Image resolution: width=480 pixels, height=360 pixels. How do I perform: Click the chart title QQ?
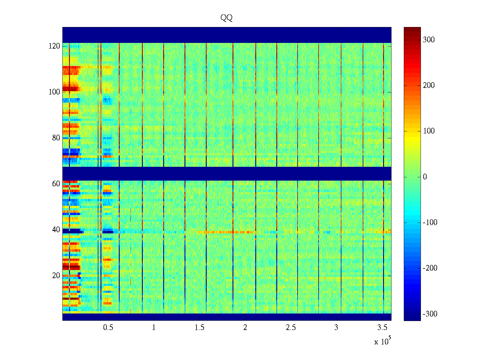pyautogui.click(x=226, y=18)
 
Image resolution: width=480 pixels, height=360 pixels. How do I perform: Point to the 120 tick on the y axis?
pyautogui.click(x=54, y=46)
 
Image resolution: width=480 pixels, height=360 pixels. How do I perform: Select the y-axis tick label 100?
pyautogui.click(x=54, y=92)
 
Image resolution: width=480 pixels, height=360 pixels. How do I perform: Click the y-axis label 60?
pyautogui.click(x=56, y=184)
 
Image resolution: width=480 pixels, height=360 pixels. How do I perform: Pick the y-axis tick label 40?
pyautogui.click(x=56, y=230)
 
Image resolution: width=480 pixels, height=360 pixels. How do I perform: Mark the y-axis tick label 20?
pyautogui.click(x=56, y=276)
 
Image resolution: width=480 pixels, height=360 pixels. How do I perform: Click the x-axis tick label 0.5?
pyautogui.click(x=108, y=328)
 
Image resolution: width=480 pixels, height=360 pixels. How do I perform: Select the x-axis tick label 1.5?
pyautogui.click(x=199, y=328)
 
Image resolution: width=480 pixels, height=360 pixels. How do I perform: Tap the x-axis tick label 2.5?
pyautogui.click(x=291, y=328)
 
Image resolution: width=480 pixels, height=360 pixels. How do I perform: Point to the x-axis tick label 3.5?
pyautogui.click(x=382, y=328)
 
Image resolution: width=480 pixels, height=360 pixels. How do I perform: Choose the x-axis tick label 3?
pyautogui.click(x=336, y=328)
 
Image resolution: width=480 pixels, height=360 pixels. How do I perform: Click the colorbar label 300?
pyautogui.click(x=429, y=40)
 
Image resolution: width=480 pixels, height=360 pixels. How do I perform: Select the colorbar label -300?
pyautogui.click(x=430, y=314)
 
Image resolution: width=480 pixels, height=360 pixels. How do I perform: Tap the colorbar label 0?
pyautogui.click(x=425, y=177)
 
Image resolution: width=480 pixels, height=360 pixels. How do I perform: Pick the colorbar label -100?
pyautogui.click(x=430, y=223)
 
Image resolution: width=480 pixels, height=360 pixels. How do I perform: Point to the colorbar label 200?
pyautogui.click(x=429, y=85)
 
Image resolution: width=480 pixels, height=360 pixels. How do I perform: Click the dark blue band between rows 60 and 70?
pyautogui.click(x=227, y=173)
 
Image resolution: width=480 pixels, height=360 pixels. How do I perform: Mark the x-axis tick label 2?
pyautogui.click(x=245, y=328)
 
